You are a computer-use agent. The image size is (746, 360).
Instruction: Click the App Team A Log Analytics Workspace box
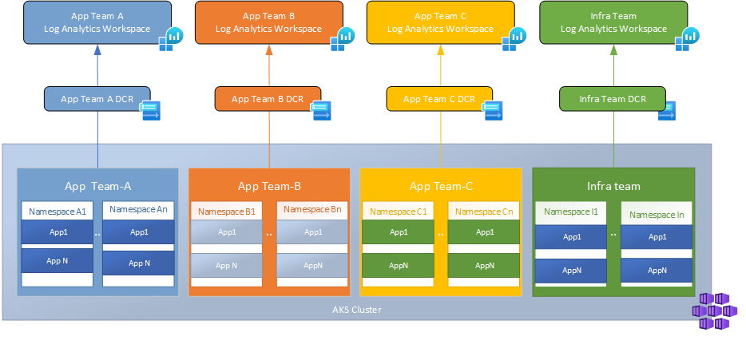pyautogui.click(x=97, y=22)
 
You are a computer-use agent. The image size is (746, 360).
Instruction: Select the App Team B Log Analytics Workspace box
pyautogui.click(x=268, y=22)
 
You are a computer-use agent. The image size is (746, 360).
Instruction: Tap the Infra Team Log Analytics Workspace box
pyautogui.click(x=613, y=22)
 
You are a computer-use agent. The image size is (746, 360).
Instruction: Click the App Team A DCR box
pyautogui.click(x=97, y=99)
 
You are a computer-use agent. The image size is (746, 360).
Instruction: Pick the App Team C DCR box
pyautogui.click(x=439, y=99)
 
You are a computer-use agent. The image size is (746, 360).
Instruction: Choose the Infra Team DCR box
pyautogui.click(x=613, y=99)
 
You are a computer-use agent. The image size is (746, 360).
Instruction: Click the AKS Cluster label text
pyautogui.click(x=356, y=309)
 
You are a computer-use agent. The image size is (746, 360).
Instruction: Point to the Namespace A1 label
pyautogui.click(x=57, y=212)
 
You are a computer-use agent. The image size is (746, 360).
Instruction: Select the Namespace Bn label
pyautogui.click(x=312, y=210)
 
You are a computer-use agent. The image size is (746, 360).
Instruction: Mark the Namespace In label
pyautogui.click(x=657, y=215)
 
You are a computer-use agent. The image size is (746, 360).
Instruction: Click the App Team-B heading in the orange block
pyautogui.click(x=269, y=187)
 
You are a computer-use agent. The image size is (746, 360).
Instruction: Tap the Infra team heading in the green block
pyautogui.click(x=613, y=186)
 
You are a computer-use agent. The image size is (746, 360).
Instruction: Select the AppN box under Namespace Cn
pyautogui.click(x=484, y=265)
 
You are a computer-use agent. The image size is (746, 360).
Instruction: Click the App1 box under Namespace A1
pyautogui.click(x=57, y=232)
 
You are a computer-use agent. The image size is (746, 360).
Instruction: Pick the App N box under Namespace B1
pyautogui.click(x=226, y=265)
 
